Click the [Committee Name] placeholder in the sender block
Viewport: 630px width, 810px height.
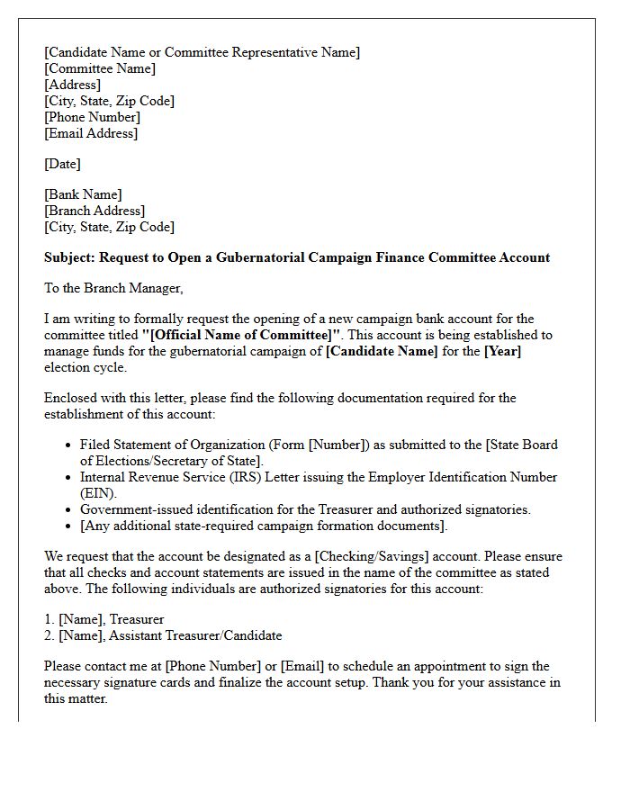coord(100,68)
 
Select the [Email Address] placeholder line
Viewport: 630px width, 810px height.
coord(91,133)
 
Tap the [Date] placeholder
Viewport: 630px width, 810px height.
coord(62,164)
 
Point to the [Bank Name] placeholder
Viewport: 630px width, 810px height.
coord(83,194)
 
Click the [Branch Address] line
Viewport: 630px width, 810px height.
coord(94,211)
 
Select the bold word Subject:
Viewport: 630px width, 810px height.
coord(69,257)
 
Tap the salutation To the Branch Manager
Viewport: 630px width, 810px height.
coord(113,288)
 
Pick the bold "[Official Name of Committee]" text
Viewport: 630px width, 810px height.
coord(242,335)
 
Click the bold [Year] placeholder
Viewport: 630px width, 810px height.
coord(502,351)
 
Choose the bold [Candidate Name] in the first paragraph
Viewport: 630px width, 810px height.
coord(382,351)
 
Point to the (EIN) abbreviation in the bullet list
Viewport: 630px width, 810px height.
coord(98,493)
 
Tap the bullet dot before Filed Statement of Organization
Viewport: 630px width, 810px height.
coord(69,445)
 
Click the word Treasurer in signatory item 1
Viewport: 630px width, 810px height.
coord(137,619)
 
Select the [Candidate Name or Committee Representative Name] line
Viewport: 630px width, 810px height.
coord(202,52)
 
